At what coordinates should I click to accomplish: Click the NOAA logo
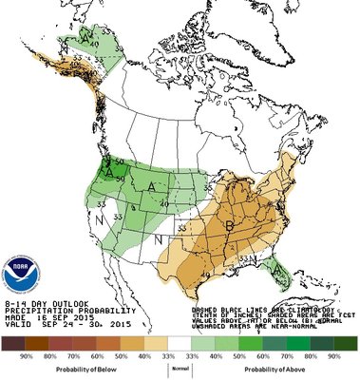tap(19, 271)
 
